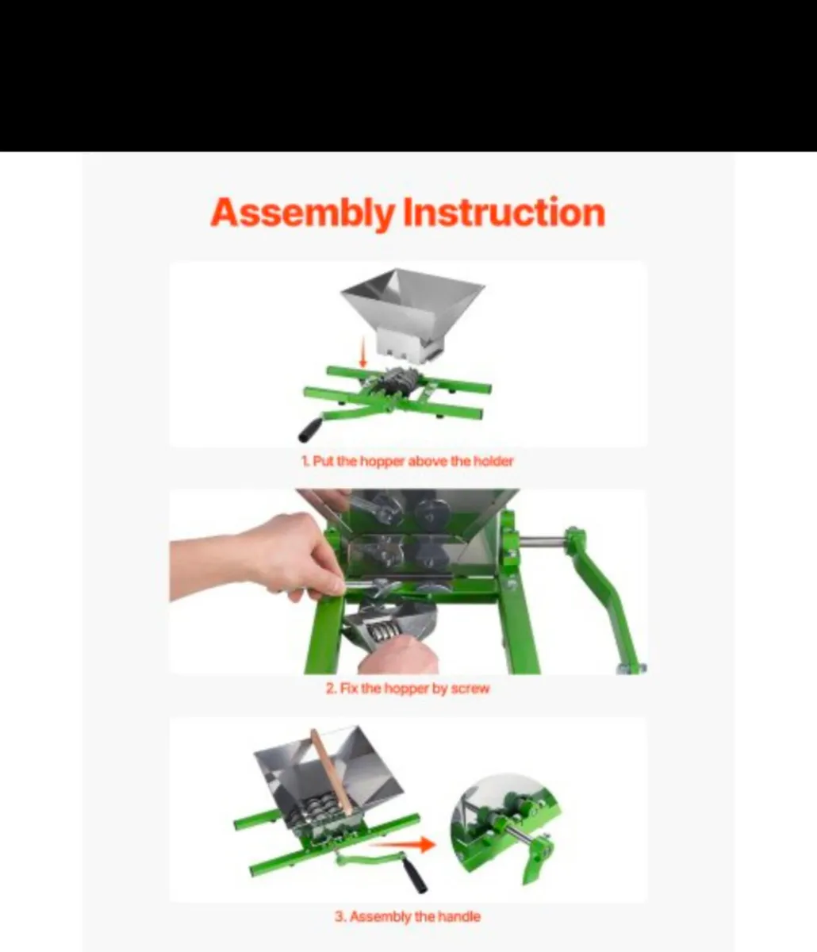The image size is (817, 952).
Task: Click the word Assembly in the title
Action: pos(301,213)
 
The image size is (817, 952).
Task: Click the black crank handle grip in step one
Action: pos(308,430)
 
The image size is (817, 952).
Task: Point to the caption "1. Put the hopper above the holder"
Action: pos(407,461)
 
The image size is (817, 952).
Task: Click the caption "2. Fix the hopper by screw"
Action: pos(407,689)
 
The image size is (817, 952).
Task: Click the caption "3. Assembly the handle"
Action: pos(407,916)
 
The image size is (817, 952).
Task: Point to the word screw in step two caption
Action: pos(470,689)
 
